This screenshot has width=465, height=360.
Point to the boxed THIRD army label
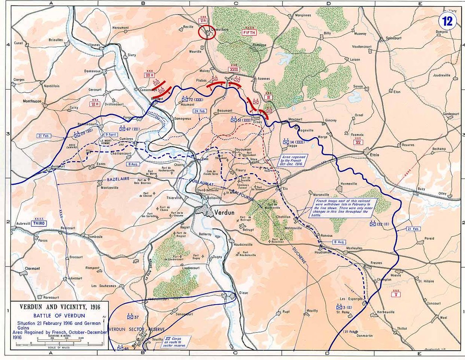tap(40, 224)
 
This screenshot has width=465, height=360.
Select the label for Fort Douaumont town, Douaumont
tap(243, 149)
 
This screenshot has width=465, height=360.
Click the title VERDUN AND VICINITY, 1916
tap(60, 307)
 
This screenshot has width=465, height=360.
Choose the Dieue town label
tap(243, 293)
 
